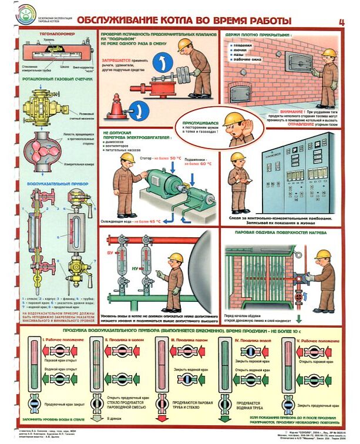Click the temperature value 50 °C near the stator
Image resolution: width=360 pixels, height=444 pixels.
(x=172, y=158)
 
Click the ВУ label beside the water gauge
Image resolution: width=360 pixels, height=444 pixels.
(x=109, y=251)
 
